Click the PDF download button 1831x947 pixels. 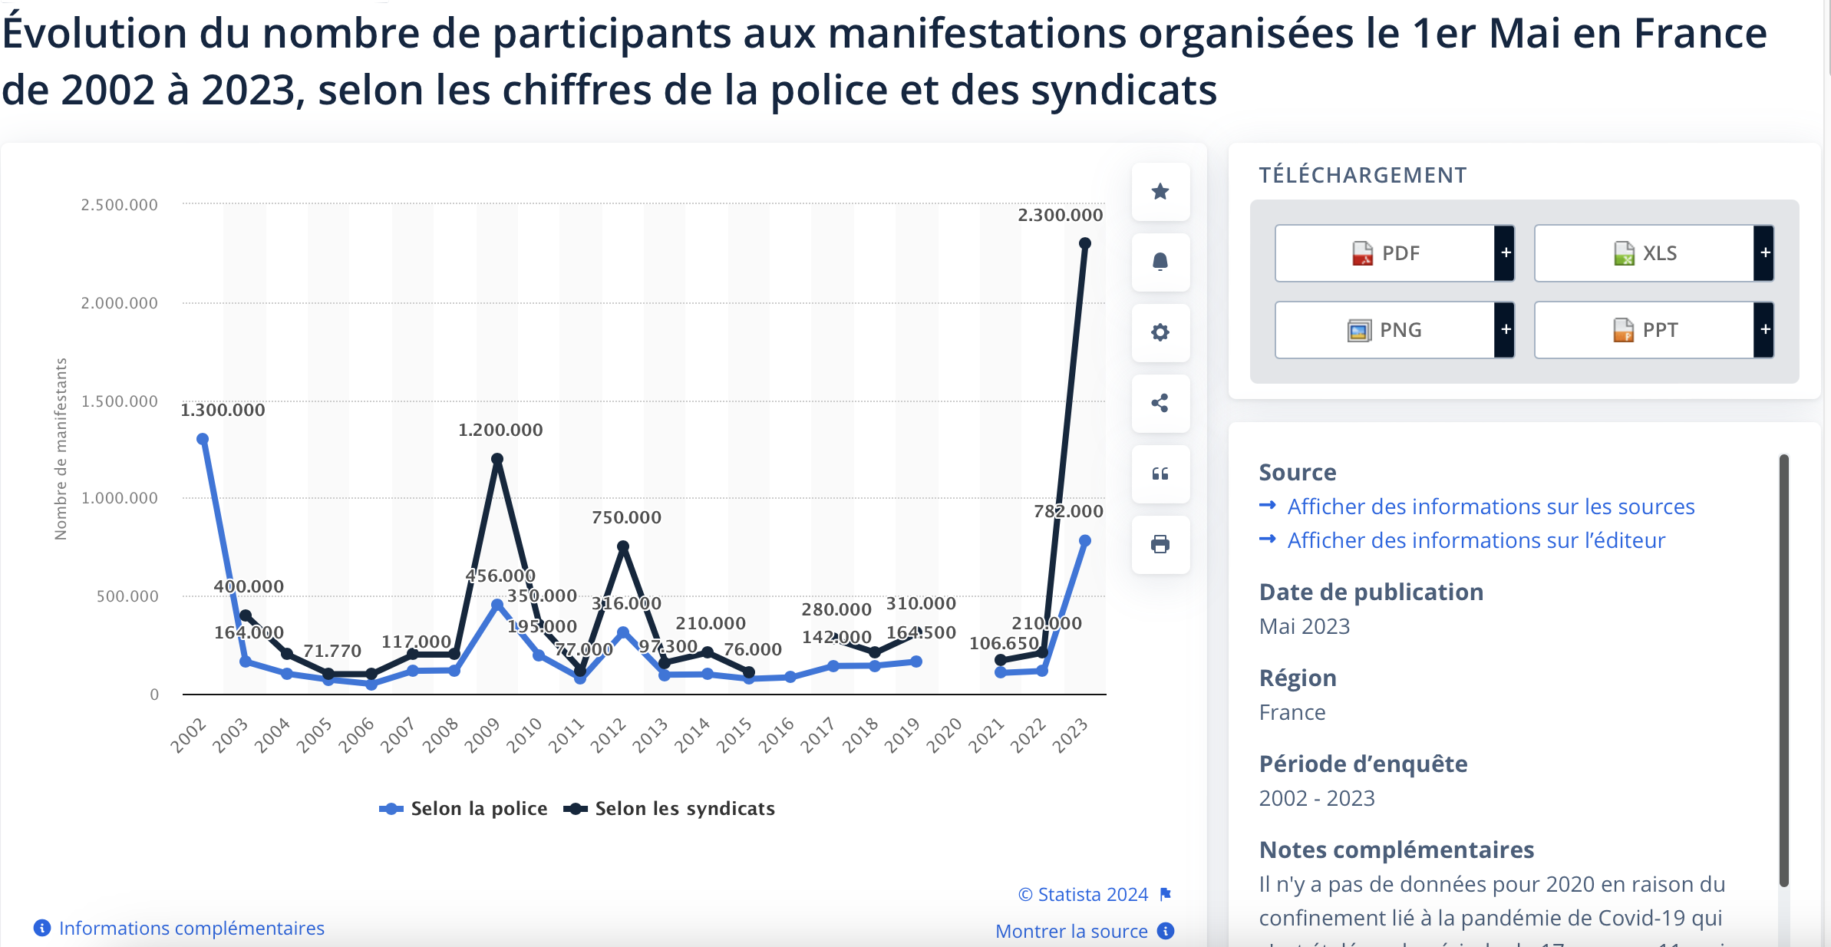point(1385,253)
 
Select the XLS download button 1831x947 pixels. point(1645,253)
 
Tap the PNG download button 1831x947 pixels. point(1385,330)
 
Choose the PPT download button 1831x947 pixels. point(1645,330)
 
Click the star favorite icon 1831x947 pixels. point(1160,191)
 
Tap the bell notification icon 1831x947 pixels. point(1160,262)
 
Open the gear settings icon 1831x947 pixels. point(1160,332)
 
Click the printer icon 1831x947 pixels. point(1160,544)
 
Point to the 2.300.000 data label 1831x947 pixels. point(1060,216)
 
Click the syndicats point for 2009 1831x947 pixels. point(497,459)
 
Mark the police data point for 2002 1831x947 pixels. point(203,439)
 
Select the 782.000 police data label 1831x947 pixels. point(1068,512)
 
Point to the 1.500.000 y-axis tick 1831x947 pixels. point(120,401)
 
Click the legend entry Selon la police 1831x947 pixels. point(465,809)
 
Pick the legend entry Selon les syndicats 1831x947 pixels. point(670,809)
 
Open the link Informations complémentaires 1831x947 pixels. point(191,929)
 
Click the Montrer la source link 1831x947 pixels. point(1071,932)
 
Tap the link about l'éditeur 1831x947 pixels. point(1476,540)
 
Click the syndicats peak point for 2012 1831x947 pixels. point(623,546)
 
